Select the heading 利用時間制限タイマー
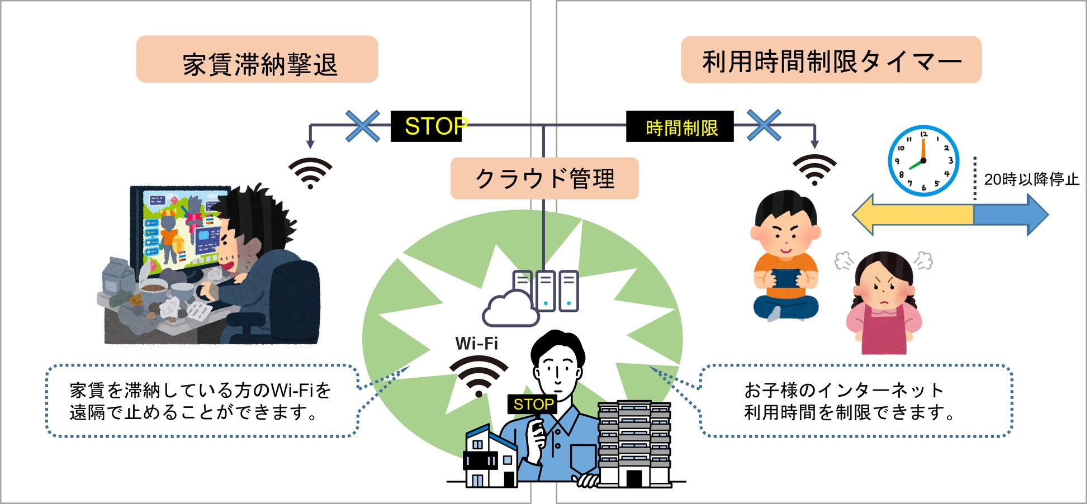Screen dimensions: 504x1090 point(831,60)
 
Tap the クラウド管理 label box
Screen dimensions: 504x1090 point(544,179)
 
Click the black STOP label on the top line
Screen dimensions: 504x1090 point(427,126)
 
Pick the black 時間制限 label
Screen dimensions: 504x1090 point(680,127)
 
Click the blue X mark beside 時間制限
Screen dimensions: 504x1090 point(764,125)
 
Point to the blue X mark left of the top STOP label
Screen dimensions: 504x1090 point(363,126)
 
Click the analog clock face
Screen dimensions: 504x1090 point(923,161)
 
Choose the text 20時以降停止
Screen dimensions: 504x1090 point(1031,179)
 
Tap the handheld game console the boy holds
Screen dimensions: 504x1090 point(785,278)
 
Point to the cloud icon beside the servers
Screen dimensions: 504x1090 point(510,310)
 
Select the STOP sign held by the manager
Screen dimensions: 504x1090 point(533,404)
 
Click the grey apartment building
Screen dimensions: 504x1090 point(634,444)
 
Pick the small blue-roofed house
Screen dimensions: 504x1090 point(491,457)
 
